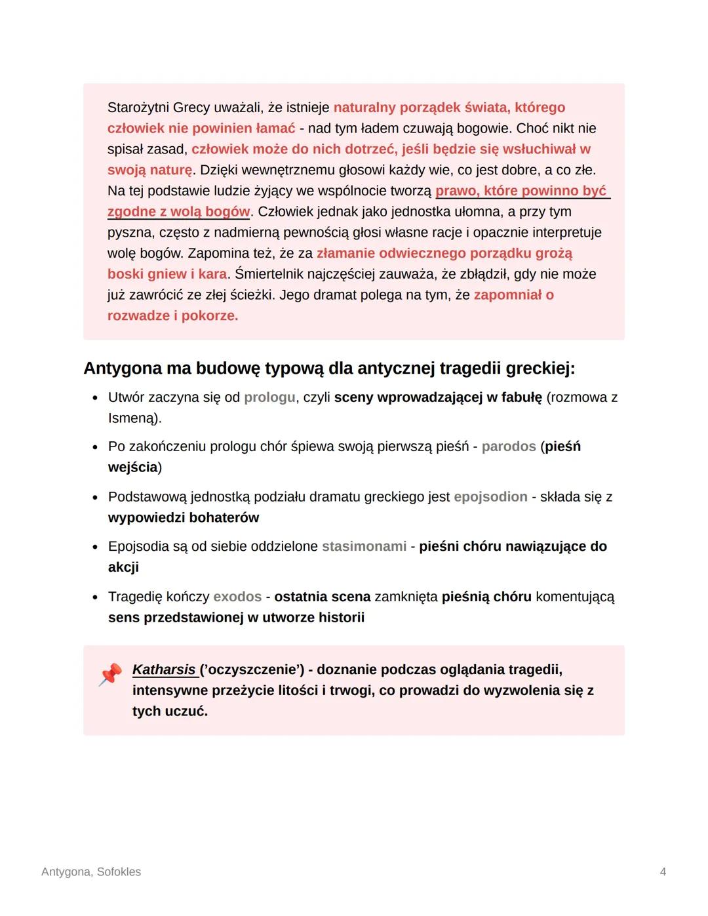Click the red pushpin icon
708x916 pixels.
pos(110,675)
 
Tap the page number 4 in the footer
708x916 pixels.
pos(663,871)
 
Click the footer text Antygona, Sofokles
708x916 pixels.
pos(90,871)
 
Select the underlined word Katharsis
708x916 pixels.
pos(164,669)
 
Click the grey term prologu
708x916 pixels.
pos(269,397)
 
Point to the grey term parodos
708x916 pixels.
pos(509,447)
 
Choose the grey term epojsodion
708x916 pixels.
pos(490,496)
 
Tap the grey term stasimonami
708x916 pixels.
pos(364,546)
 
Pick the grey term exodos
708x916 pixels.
pos(237,597)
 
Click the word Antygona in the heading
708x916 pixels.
pos(123,368)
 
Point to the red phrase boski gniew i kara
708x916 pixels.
pos(167,274)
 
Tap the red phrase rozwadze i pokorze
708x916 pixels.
pos(172,315)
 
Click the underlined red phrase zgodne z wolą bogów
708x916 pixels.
pos(178,212)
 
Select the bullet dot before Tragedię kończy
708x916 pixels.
pos(95,597)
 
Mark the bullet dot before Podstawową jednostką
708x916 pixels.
pos(95,497)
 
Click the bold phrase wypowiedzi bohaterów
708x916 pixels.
pos(184,517)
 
